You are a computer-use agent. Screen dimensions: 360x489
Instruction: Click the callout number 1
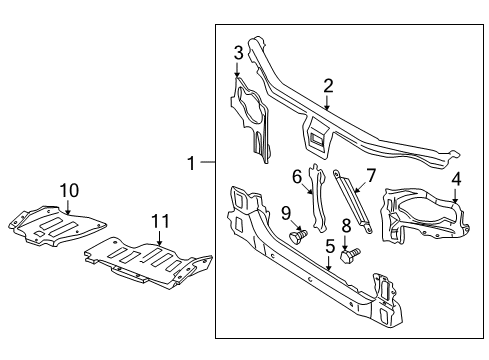191,161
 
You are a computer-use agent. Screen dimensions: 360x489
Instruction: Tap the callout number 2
328,87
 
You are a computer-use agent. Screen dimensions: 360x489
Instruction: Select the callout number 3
238,52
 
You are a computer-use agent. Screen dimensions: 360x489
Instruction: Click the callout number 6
297,176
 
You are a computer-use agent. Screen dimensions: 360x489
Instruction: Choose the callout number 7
371,176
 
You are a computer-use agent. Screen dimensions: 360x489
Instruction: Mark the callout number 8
346,227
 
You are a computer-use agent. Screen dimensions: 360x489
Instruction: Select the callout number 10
68,189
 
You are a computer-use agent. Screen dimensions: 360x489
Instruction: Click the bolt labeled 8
347,257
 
